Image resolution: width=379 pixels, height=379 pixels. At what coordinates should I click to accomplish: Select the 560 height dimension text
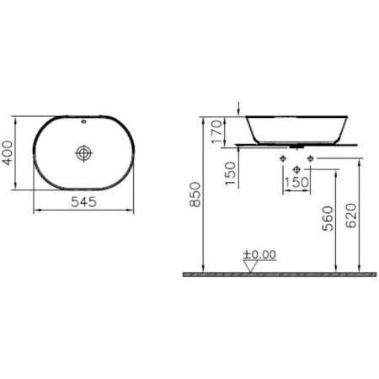click(328, 217)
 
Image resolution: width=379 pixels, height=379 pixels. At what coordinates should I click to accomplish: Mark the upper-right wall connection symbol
click(311, 158)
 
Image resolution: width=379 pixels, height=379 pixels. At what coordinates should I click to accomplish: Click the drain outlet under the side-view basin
click(296, 147)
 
